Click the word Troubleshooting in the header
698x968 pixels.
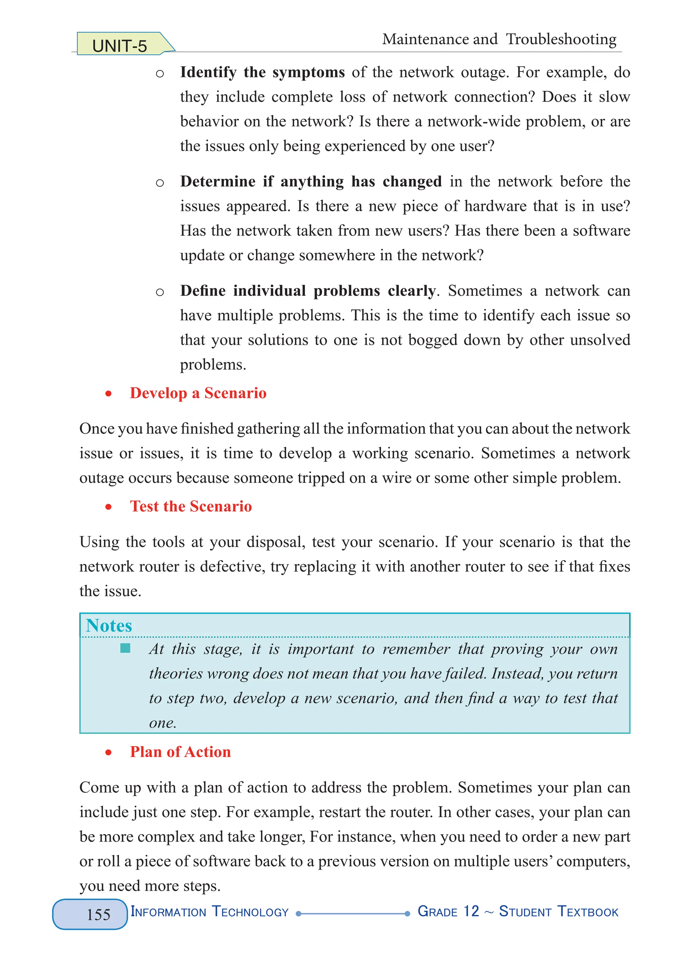tap(561, 39)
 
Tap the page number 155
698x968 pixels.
tap(98, 914)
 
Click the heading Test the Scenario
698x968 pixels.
tap(191, 506)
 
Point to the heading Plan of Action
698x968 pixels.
tap(180, 752)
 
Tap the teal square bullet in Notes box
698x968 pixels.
tap(125, 648)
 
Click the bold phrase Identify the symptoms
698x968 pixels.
tap(262, 72)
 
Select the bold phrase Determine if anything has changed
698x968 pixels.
tap(311, 181)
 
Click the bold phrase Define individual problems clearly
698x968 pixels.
tap(307, 291)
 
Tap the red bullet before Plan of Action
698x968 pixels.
tap(108, 752)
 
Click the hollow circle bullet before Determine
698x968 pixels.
tap(160, 183)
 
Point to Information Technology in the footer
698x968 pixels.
tap(209, 912)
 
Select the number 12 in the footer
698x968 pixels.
tap(471, 911)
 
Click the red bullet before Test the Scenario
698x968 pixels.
tap(108, 507)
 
